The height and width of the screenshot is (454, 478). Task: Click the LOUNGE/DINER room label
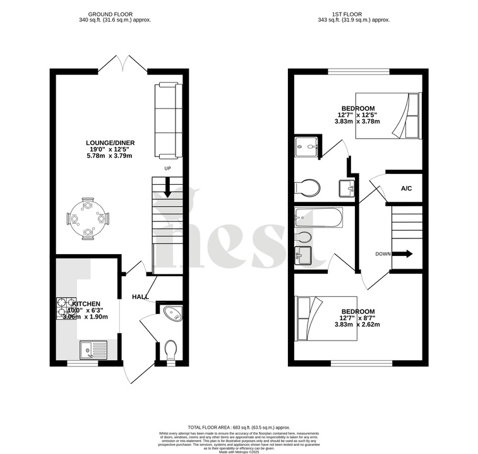click(111, 147)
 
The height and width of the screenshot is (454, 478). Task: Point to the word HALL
click(140, 297)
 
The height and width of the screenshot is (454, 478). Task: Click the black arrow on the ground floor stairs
click(167, 188)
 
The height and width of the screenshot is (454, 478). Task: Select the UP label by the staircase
click(167, 169)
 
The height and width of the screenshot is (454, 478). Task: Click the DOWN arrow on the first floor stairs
click(405, 254)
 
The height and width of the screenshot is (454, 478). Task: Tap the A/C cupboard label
click(407, 189)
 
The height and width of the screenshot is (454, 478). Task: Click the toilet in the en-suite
click(308, 187)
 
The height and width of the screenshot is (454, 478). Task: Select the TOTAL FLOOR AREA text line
click(239, 428)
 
